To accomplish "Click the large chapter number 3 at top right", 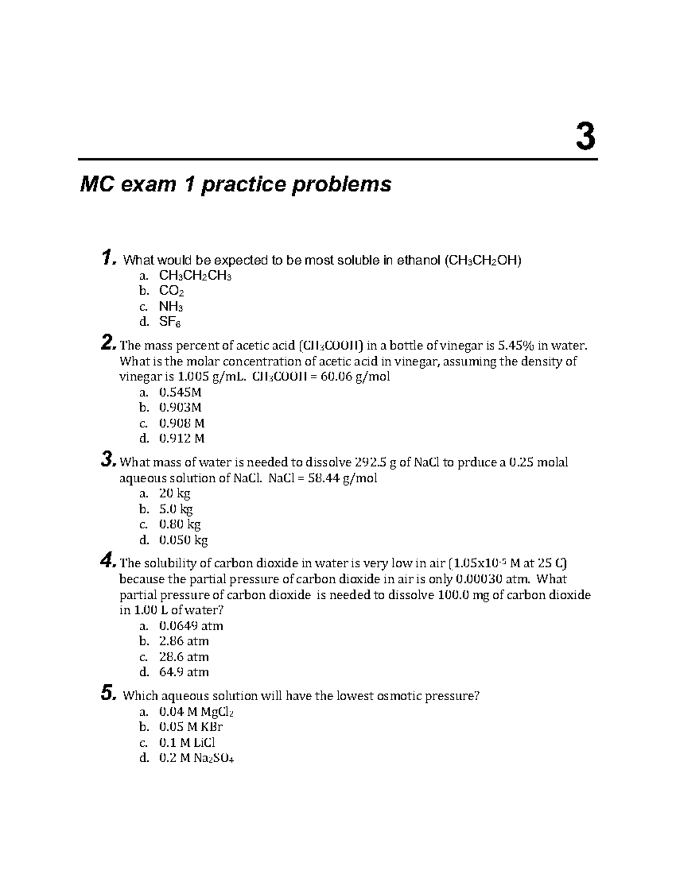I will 585,137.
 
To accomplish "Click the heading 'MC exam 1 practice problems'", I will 235,184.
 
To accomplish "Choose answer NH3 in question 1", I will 171,307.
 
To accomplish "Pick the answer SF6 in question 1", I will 170,322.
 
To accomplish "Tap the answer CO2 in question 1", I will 172,292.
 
